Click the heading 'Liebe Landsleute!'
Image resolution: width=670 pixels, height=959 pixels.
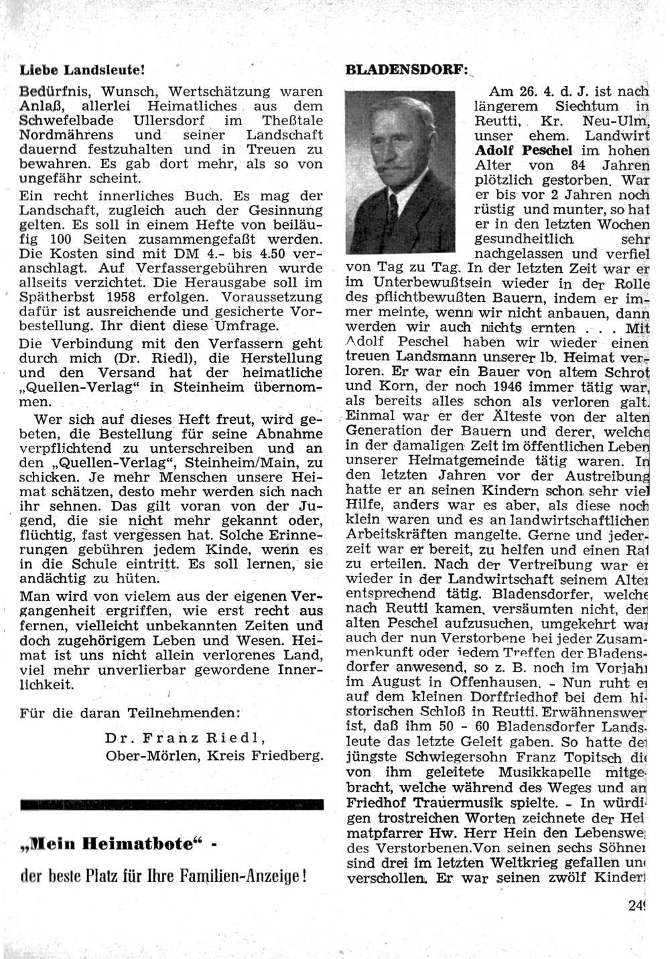click(x=82, y=69)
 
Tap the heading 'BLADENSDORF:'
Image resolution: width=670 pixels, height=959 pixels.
click(x=404, y=69)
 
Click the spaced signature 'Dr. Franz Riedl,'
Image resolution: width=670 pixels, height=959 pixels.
click(x=186, y=739)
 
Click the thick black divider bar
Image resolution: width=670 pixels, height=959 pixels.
click(x=172, y=805)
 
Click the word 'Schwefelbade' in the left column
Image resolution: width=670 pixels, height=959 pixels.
click(x=67, y=121)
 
